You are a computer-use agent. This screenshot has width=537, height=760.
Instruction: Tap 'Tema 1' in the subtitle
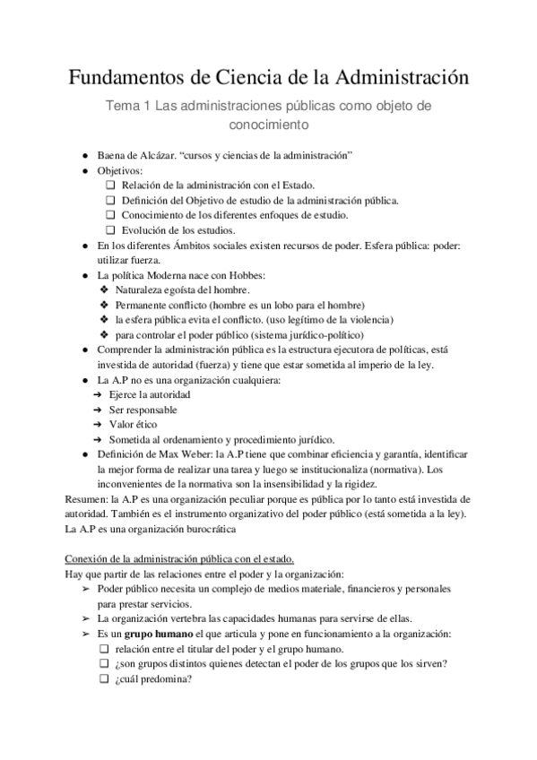click(128, 106)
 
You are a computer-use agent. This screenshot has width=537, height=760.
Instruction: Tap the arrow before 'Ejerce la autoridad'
click(99, 394)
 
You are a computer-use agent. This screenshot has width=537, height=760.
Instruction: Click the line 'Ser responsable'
click(143, 410)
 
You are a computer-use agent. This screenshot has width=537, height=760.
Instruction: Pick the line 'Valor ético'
click(134, 424)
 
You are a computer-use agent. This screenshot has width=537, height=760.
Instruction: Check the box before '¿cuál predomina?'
click(104, 678)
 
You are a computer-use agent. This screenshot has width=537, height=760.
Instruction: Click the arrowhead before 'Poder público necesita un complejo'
click(85, 589)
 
